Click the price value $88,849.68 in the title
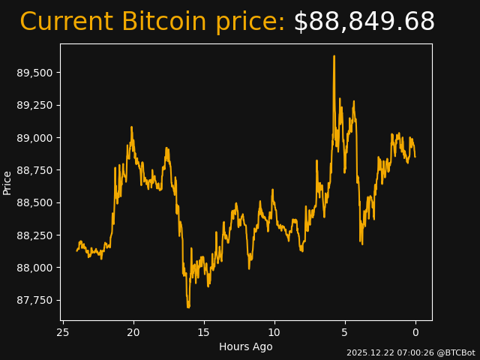pos(364,22)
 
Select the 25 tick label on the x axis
pos(63,332)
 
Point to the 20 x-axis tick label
pos(133,332)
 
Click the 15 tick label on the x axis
pos(204,332)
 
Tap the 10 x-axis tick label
pos(274,332)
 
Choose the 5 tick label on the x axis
pos(345,332)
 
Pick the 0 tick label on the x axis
pos(415,332)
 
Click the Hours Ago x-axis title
pos(246,346)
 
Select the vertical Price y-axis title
pos(7,182)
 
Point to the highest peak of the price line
pos(334,56)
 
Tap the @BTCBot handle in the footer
pos(457,352)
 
